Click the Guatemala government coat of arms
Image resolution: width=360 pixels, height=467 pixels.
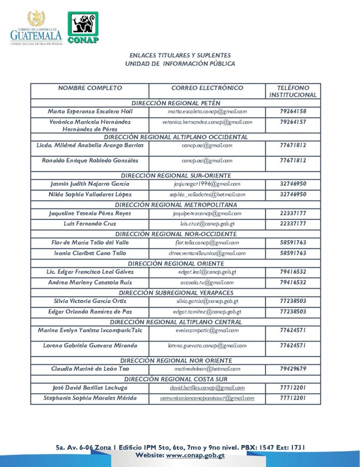coord(36,19)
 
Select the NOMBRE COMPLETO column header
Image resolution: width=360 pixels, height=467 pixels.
coord(90,88)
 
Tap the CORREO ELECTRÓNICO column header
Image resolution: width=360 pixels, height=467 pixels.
coord(207,88)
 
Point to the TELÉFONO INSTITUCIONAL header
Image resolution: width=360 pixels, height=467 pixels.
coord(292,91)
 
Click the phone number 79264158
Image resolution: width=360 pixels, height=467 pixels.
coord(292,111)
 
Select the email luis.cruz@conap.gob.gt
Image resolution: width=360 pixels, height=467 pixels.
coord(207,224)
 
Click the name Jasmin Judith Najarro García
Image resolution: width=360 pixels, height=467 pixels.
coord(90,184)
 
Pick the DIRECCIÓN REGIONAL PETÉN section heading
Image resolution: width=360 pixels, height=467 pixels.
coord(176,103)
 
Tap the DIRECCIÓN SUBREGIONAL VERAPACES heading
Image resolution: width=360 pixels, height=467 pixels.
coord(176,293)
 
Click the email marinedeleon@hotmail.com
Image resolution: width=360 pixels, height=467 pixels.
coord(207,368)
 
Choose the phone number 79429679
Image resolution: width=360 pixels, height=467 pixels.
coord(292,368)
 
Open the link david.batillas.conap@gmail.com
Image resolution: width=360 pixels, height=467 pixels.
coord(207,388)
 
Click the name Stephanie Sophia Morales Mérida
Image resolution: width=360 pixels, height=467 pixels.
coord(90,398)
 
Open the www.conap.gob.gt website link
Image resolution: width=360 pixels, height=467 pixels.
coord(195,456)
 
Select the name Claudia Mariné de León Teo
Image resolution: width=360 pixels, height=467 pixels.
coord(90,368)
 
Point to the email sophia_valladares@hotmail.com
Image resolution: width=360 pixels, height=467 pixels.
coord(207,194)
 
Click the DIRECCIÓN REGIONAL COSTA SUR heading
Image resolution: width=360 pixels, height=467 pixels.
coord(176,379)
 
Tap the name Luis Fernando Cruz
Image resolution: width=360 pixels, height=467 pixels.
coord(90,224)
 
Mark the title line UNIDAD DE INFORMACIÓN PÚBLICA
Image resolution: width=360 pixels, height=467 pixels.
coord(180,64)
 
